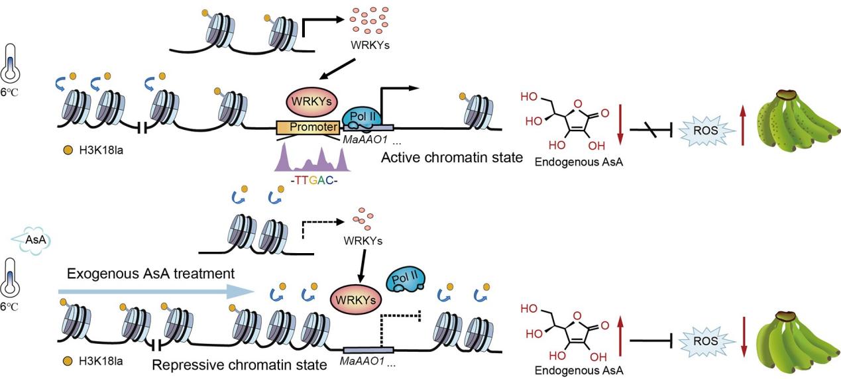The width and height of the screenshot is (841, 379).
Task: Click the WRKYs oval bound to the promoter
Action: [311, 103]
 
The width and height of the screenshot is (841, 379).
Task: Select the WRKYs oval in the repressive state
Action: [358, 299]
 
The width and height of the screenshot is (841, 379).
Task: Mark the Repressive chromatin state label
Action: [239, 364]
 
